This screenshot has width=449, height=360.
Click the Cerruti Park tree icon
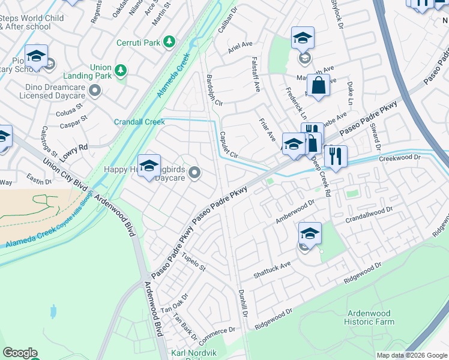point(170,41)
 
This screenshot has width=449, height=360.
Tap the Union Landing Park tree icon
point(121,71)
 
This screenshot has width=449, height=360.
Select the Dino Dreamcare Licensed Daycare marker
point(94,91)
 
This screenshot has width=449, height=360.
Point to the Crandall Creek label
point(139,122)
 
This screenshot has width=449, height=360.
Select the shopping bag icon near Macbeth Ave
point(318,86)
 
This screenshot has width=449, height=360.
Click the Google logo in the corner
point(20,353)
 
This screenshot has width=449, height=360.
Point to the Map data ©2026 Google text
point(412,355)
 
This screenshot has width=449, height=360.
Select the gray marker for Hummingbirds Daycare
point(194,173)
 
